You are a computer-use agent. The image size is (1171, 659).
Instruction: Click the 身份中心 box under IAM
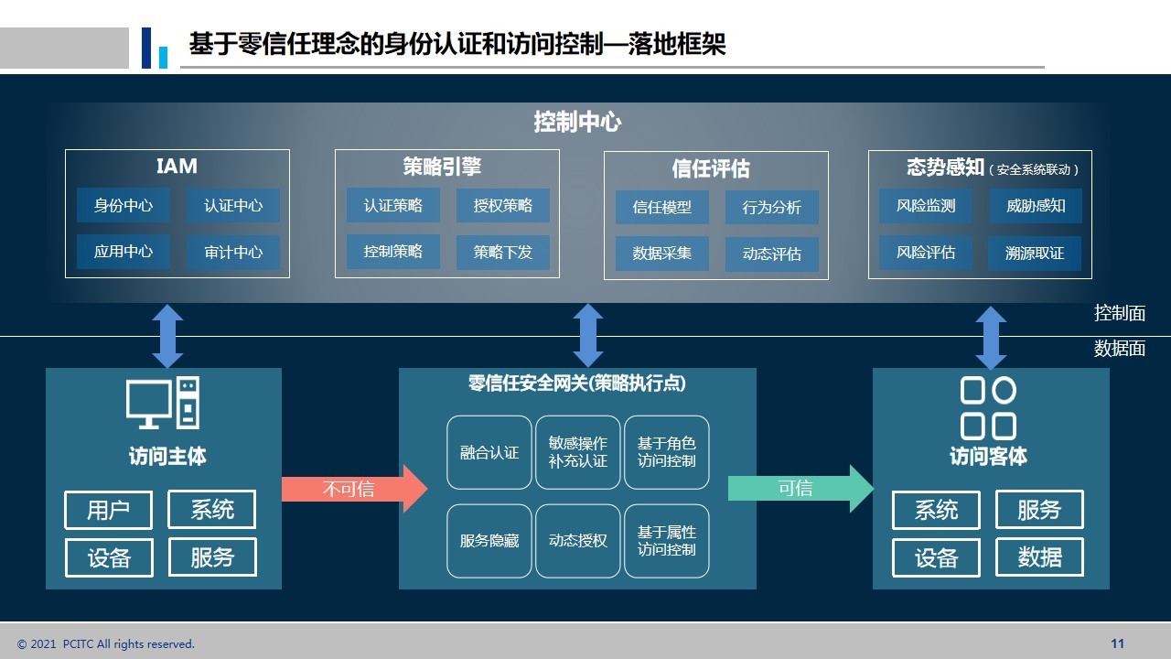coord(124,206)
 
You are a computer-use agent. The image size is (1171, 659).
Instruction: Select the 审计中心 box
coord(233,252)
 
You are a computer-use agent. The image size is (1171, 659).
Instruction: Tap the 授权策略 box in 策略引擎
coord(503,206)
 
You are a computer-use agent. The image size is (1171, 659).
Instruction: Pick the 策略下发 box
coord(503,252)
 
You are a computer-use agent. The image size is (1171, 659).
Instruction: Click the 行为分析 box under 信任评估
coord(771,208)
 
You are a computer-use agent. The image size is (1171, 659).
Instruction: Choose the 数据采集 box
coord(661,254)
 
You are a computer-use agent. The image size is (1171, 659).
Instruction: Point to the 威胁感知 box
coord(1036,206)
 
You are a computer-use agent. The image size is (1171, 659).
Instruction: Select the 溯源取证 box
coord(1035,254)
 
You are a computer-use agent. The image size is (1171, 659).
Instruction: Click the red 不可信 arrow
coord(354,489)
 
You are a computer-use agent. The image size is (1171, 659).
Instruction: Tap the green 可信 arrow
coord(800,489)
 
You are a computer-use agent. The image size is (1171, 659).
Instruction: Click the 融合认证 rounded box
coord(489,452)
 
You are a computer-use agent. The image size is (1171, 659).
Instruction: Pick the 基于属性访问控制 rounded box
coord(667,541)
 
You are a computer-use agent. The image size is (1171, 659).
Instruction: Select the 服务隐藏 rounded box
coord(489,541)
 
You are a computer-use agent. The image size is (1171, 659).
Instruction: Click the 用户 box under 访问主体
coord(109,510)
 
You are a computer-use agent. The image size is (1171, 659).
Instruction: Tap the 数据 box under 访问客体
coord(1039,557)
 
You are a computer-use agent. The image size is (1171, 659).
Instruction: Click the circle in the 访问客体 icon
coord(1004,390)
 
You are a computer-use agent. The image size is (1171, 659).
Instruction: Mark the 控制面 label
coord(1119,313)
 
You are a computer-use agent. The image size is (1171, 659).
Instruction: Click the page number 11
coord(1117,643)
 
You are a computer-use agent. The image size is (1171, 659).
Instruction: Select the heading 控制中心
coord(577,122)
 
